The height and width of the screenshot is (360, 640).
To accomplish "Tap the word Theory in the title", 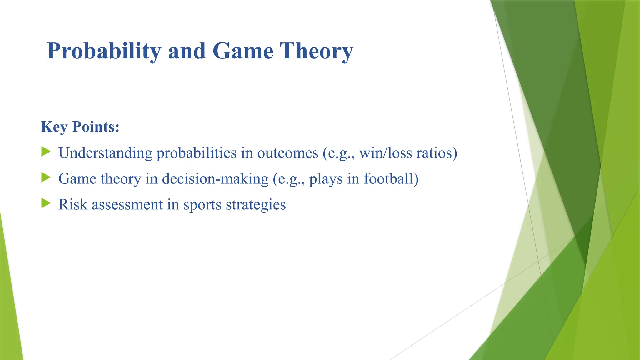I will [x=316, y=51].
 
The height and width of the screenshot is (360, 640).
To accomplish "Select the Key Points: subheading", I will [x=80, y=127].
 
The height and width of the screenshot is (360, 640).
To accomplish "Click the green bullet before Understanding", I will [x=46, y=152].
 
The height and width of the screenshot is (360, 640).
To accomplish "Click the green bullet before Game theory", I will [x=46, y=178].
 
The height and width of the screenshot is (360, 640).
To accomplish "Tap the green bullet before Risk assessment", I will [x=46, y=204].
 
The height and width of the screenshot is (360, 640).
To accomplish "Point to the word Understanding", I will [x=106, y=153].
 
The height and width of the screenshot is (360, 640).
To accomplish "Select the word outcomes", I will [x=287, y=153].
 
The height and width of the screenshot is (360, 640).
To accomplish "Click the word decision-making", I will [x=215, y=179].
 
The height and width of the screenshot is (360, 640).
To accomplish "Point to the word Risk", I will [x=73, y=205].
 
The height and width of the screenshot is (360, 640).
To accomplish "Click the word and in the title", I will [x=187, y=51].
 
